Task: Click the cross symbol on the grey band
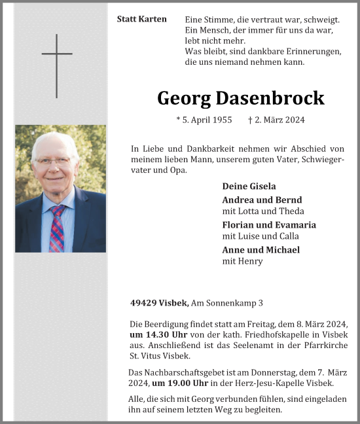57,65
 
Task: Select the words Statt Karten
141,20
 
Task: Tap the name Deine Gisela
249,186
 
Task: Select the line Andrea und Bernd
262,200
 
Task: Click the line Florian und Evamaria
269,224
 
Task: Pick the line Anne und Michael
261,249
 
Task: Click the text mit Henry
242,261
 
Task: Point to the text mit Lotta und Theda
263,211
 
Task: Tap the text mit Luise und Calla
261,236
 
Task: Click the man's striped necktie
56,229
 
